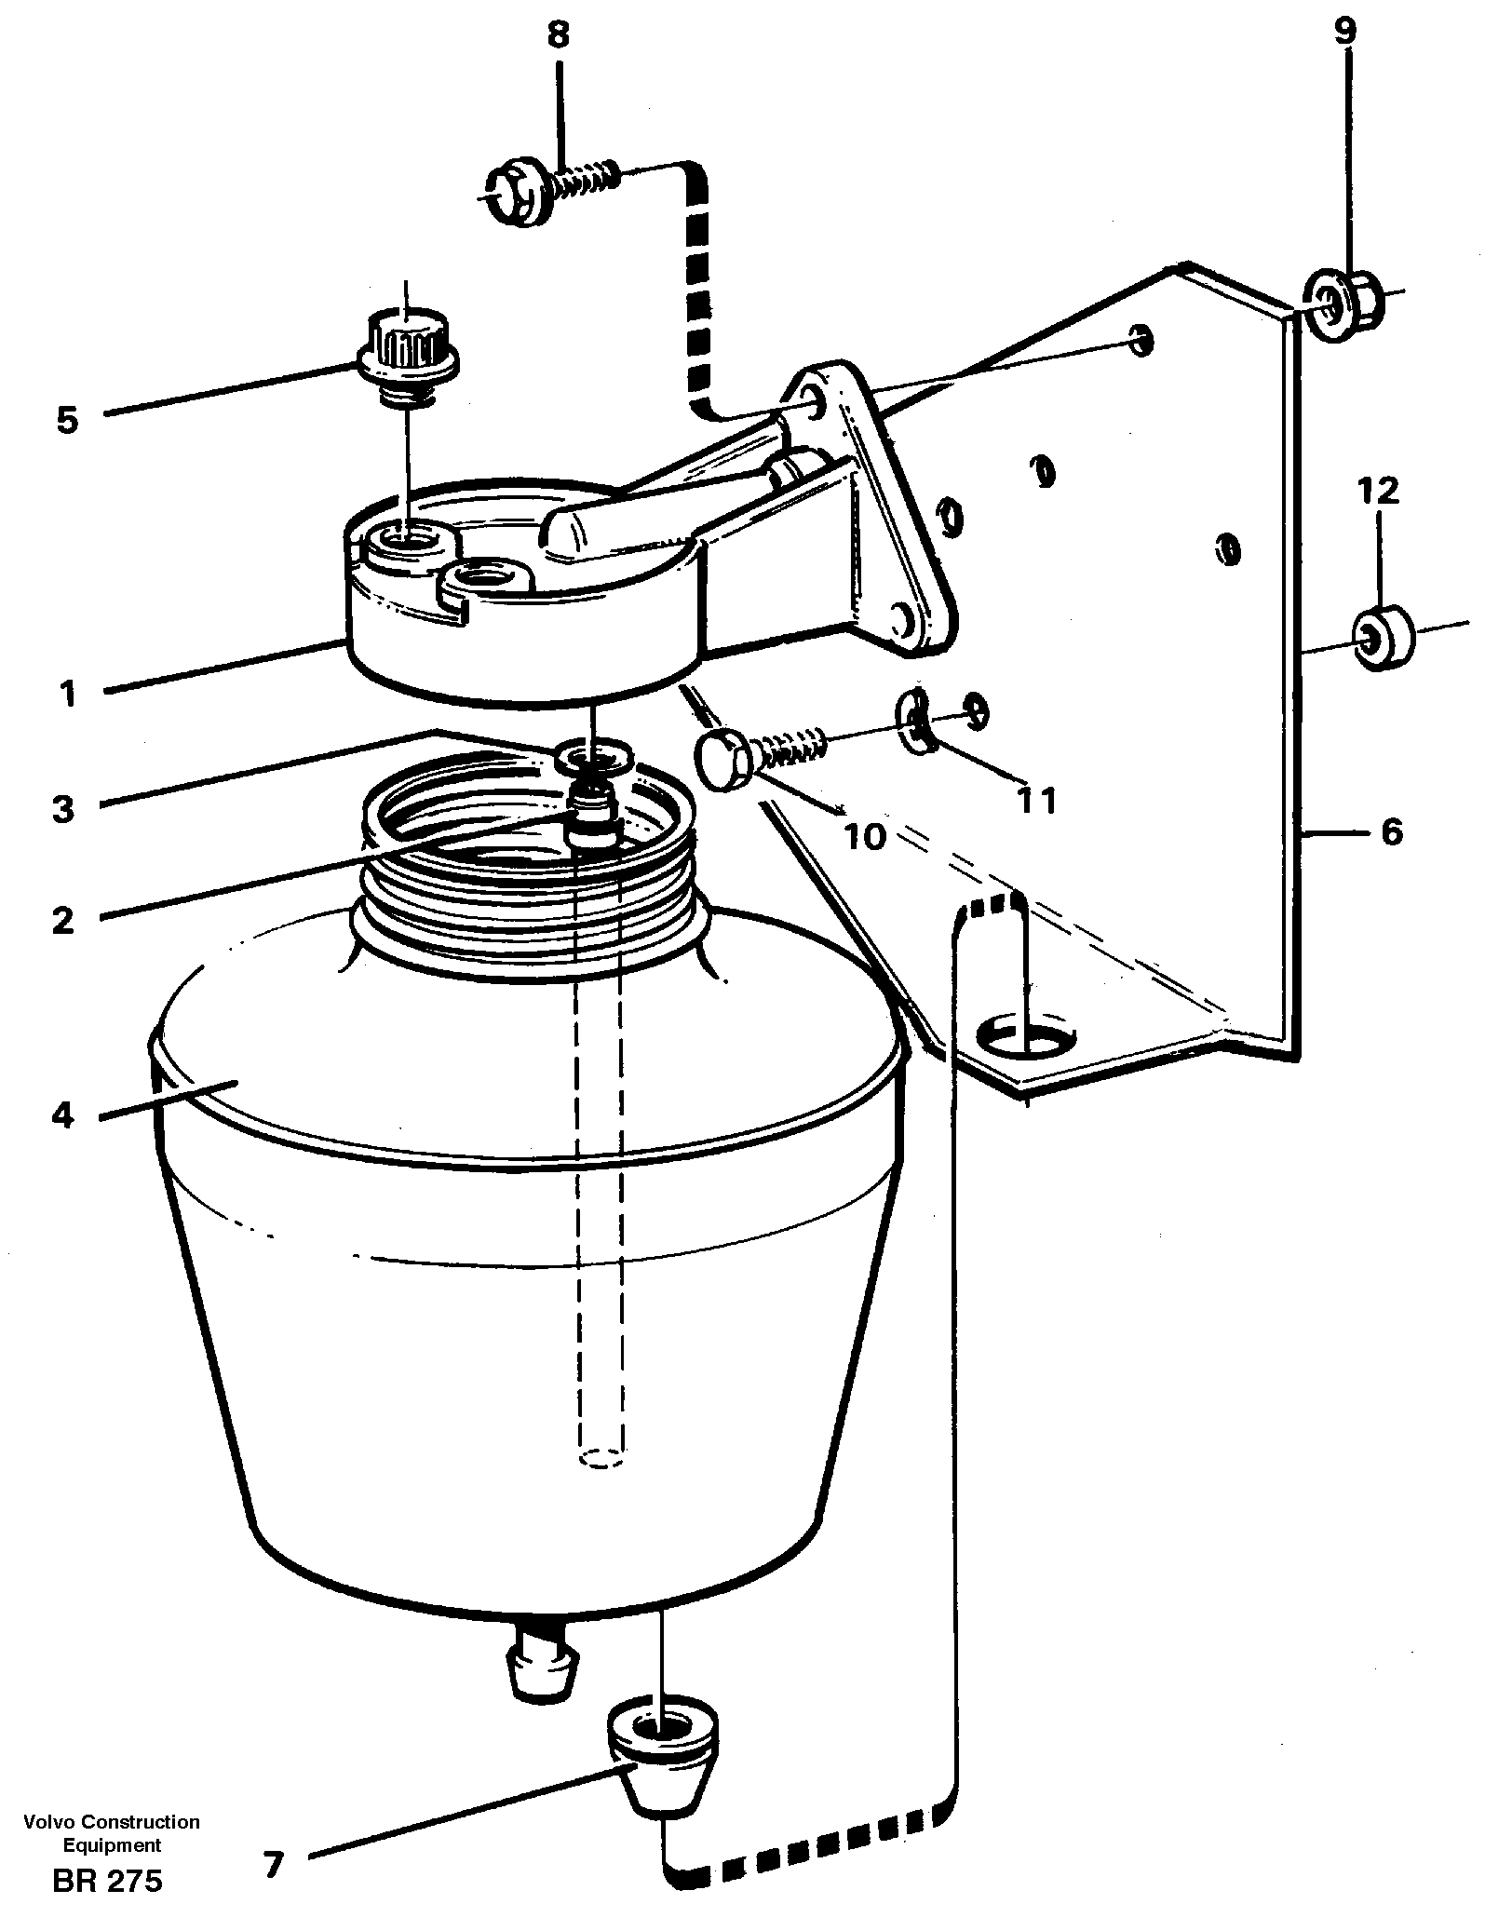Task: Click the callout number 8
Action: pos(557,36)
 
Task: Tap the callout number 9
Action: pos(1345,33)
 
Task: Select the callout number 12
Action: pos(1379,491)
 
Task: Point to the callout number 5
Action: pos(67,420)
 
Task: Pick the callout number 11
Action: pos(1036,799)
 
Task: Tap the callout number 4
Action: pos(62,1114)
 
